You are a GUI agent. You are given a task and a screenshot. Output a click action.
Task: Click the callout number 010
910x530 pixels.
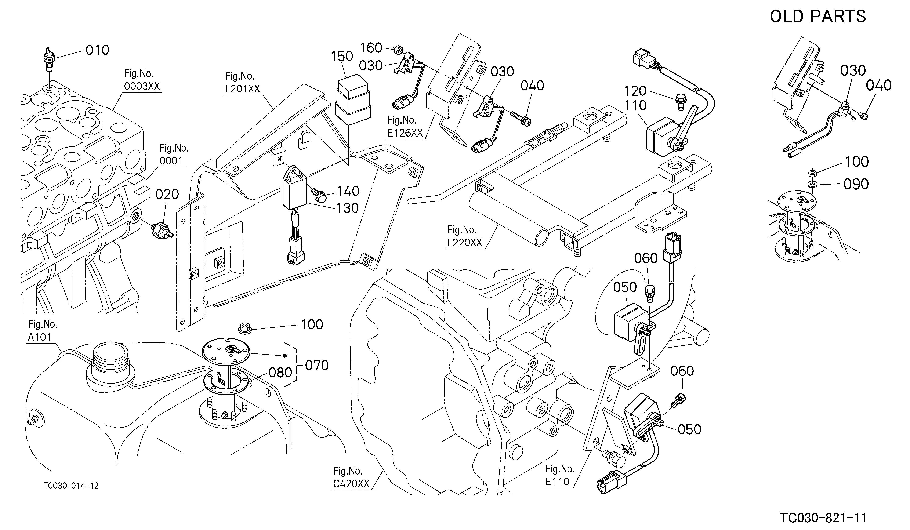(x=98, y=50)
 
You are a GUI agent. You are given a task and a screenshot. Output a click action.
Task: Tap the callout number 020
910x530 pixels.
(x=167, y=194)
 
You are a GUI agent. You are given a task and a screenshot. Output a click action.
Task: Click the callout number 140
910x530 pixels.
(x=348, y=191)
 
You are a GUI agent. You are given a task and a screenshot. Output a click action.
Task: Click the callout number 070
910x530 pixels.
(x=317, y=365)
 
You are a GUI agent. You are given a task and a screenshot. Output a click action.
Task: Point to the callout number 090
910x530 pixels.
(x=856, y=184)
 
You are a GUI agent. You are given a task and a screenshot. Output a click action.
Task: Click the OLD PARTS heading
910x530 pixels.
(x=818, y=17)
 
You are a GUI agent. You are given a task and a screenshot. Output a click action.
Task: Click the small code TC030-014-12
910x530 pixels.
(x=71, y=486)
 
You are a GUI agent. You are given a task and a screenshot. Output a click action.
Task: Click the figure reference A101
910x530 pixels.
(x=40, y=337)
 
